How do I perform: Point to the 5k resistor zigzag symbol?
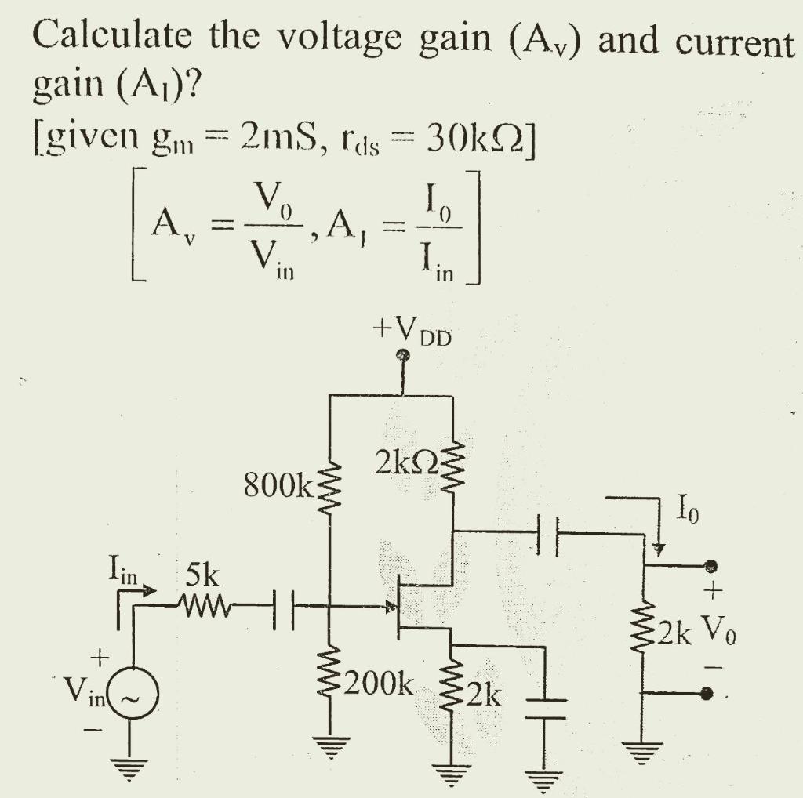205,604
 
